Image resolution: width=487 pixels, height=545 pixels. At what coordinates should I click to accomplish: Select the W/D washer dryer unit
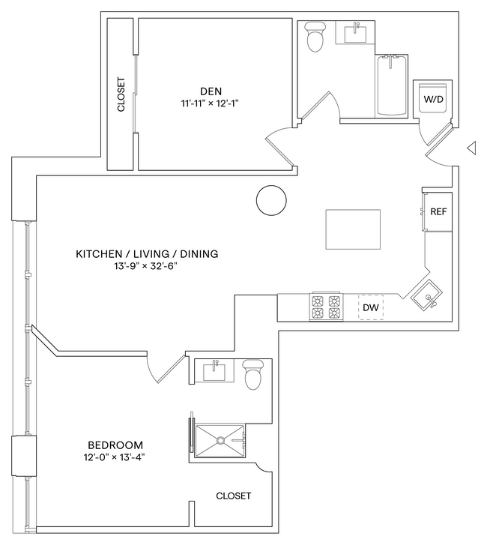pyautogui.click(x=434, y=98)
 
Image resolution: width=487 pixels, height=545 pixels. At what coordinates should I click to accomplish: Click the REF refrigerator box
pyautogui.click(x=438, y=211)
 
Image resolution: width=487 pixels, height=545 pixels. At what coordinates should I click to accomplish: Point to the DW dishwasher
pyautogui.click(x=370, y=307)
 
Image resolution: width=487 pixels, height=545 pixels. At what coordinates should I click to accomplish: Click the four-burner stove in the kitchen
pyautogui.click(x=326, y=307)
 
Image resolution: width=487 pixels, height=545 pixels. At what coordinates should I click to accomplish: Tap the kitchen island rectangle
pyautogui.click(x=353, y=229)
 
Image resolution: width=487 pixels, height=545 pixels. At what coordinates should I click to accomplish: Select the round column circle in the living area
pyautogui.click(x=270, y=200)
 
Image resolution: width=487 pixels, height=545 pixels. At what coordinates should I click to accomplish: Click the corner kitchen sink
pyautogui.click(x=427, y=295)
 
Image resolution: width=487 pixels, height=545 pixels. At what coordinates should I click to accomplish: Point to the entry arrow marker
pyautogui.click(x=472, y=148)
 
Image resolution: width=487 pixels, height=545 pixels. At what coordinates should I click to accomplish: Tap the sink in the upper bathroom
pyautogui.click(x=354, y=34)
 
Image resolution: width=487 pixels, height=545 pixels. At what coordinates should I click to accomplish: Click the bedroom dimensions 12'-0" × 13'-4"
pyautogui.click(x=114, y=458)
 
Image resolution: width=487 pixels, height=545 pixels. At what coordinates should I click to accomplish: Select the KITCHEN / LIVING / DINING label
pyautogui.click(x=147, y=254)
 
